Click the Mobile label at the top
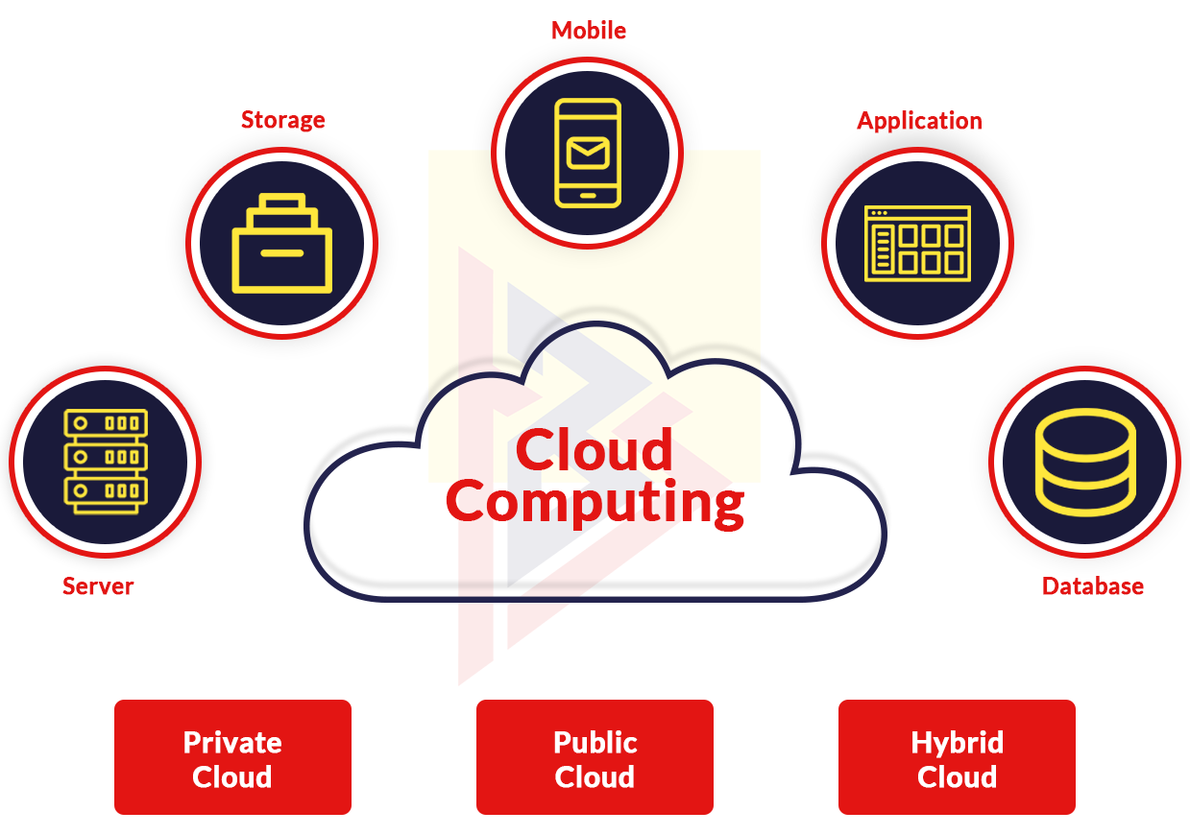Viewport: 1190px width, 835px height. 589,31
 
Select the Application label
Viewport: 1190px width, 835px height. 919,122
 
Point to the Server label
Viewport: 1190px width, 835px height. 98,586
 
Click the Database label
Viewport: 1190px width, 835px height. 1093,586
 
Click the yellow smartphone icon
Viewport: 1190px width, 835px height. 588,153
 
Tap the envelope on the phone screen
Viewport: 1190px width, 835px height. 588,153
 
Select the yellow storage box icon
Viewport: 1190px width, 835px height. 282,243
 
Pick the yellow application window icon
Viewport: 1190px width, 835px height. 917,243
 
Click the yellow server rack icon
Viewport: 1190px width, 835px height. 106,462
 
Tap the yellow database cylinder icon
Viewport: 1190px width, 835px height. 1085,462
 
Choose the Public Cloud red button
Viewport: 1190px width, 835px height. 595,757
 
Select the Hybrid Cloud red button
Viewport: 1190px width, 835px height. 957,757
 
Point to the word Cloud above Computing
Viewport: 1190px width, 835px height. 595,449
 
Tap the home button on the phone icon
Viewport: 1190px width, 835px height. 588,196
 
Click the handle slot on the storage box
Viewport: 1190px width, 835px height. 282,253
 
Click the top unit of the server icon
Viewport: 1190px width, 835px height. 106,423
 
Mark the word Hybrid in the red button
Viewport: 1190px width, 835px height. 957,743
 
